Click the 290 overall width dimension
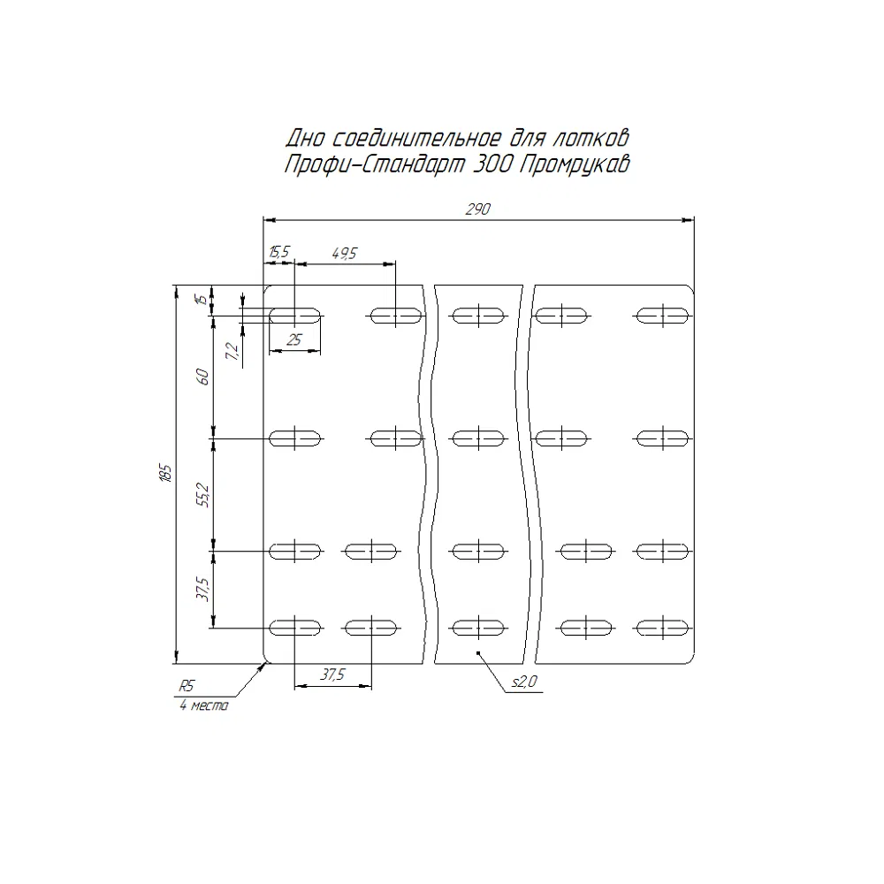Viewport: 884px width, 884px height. pos(478,210)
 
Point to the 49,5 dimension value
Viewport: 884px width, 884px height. pos(345,253)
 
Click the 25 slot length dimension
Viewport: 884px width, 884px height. pos(294,339)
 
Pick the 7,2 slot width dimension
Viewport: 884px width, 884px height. pos(232,351)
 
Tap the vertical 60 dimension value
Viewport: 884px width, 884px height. pos(203,377)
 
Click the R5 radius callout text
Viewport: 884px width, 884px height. pos(187,686)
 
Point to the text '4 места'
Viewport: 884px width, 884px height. pos(204,705)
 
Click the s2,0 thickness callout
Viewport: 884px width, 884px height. pos(525,682)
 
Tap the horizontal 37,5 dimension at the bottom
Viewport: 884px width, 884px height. pos(332,674)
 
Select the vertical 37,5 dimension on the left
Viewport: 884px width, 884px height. pos(203,589)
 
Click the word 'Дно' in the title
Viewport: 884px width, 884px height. pos(305,138)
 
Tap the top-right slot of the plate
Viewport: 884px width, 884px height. pos(662,316)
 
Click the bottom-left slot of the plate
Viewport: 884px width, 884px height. pos(295,628)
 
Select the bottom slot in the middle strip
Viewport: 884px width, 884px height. pos(478,628)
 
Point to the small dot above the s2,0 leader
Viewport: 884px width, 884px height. pos(478,653)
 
